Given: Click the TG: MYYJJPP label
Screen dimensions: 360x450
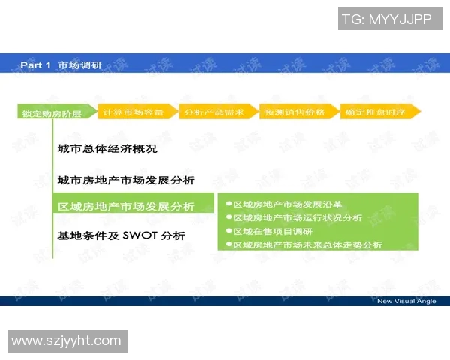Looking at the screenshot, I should [386, 19].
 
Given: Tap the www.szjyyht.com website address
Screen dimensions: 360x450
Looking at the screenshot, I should [66, 340].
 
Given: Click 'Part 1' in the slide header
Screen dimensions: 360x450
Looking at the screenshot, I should [35, 65].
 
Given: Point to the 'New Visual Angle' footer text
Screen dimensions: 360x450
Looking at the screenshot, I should [406, 301].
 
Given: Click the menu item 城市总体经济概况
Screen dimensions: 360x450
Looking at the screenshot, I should [107, 148].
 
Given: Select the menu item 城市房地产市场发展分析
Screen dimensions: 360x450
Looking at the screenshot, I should [126, 180].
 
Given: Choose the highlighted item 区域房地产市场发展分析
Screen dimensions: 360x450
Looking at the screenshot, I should [126, 206].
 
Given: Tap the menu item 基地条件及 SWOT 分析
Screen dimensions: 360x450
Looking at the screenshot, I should [121, 235].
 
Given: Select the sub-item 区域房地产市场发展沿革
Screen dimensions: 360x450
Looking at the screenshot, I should [288, 204].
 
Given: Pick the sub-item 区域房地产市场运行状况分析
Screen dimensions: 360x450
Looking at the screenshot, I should [298, 217].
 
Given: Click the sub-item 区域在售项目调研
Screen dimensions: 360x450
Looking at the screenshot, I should [273, 231].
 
